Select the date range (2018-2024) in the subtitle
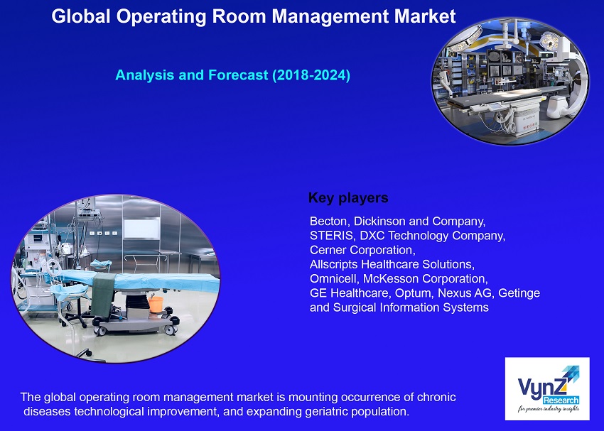click(311, 75)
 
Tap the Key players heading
click(348, 197)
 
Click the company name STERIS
click(332, 236)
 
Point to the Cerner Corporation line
click(362, 250)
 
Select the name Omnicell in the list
click(333, 278)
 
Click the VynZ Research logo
click(546, 388)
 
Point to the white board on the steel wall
click(142, 228)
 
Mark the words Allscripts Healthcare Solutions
click(391, 264)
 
